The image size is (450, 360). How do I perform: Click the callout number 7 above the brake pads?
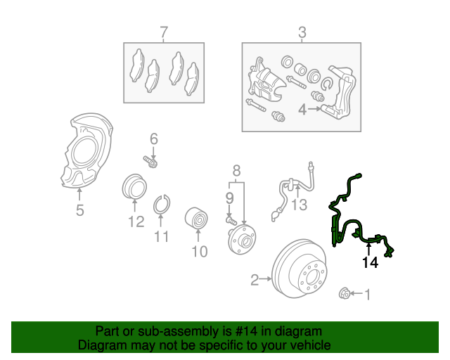(163, 32)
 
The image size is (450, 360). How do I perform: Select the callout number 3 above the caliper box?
(302, 32)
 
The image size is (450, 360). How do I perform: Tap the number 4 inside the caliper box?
(302, 110)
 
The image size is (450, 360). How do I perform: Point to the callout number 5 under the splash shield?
(79, 210)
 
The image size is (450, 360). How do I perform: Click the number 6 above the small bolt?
(153, 139)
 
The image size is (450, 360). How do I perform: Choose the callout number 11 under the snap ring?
(162, 236)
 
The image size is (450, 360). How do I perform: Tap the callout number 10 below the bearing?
(199, 250)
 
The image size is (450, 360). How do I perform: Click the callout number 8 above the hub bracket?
(236, 170)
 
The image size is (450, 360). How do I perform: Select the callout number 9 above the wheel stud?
(229, 198)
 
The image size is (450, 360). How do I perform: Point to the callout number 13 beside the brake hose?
(300, 205)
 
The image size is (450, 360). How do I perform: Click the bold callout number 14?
(370, 263)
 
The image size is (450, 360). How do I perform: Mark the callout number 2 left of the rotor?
(255, 281)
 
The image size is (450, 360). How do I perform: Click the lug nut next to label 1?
(345, 293)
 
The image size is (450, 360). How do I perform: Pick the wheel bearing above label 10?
(198, 219)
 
